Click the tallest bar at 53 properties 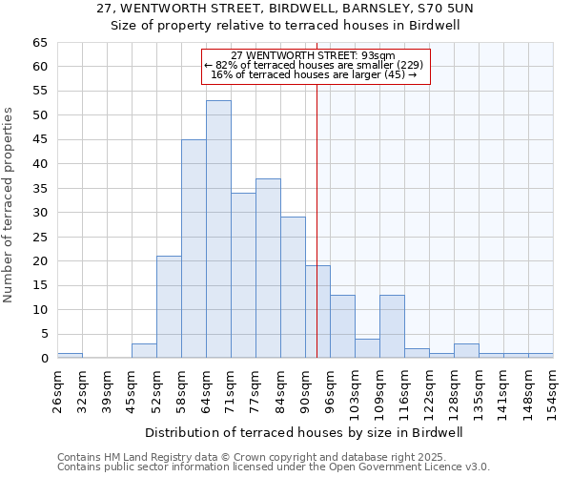[218, 229]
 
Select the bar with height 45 [194, 248]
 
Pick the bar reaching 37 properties [268, 268]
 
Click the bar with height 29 [293, 287]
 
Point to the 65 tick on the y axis [40, 43]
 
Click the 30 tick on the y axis [40, 213]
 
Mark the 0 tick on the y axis [44, 359]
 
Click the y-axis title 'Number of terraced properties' [10, 205]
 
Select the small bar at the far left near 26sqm [70, 356]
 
